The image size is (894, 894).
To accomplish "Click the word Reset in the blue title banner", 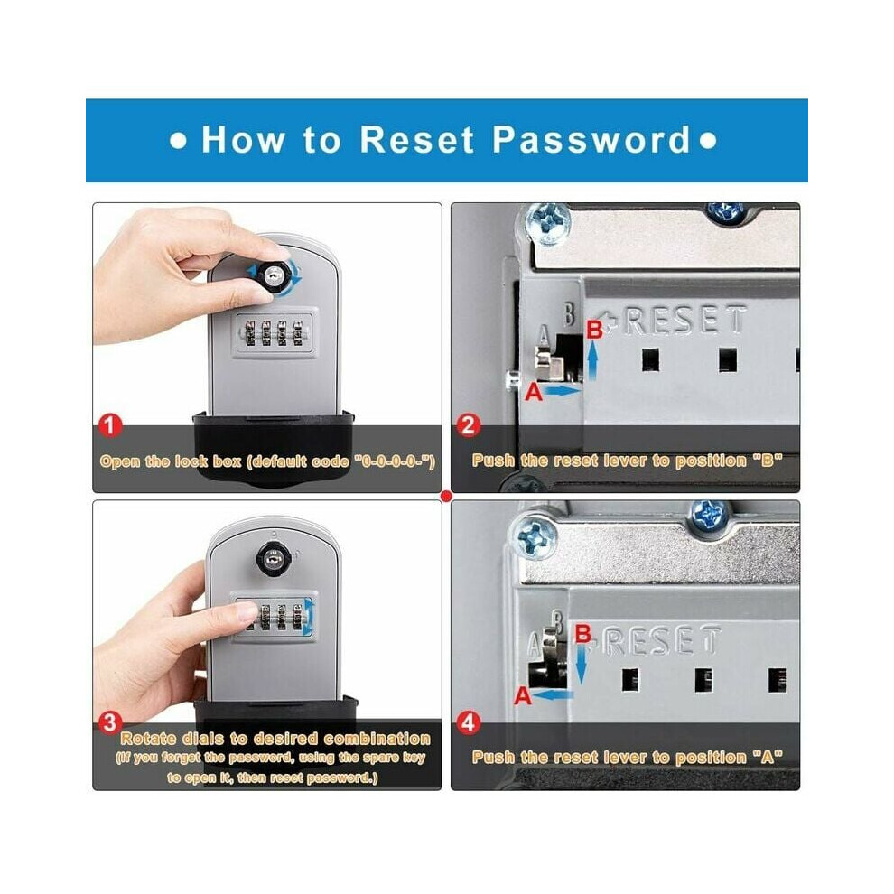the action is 417,140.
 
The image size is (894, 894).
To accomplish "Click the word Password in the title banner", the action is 591,140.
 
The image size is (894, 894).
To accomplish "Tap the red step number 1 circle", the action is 110,426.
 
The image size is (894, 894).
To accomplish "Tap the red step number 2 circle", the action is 468,426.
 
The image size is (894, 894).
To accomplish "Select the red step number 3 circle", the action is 110,723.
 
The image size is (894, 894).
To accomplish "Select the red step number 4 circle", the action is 468,723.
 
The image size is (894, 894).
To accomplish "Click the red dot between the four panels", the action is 446,496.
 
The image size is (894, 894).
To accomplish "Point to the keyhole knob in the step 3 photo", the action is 273,557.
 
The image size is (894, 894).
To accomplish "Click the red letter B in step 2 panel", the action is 595,330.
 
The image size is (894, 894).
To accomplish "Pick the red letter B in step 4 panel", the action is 583,634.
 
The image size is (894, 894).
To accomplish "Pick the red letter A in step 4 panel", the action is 523,696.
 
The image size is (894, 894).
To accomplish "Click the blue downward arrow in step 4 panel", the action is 581,665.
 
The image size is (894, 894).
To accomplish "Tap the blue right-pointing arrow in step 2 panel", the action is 563,390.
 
